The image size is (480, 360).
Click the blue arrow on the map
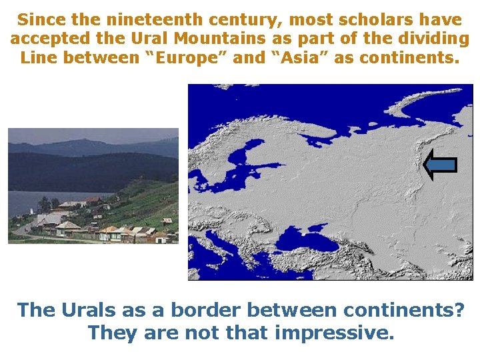(x=440, y=165)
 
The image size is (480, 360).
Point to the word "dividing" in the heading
(x=433, y=39)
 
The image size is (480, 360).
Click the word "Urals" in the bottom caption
(x=87, y=310)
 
